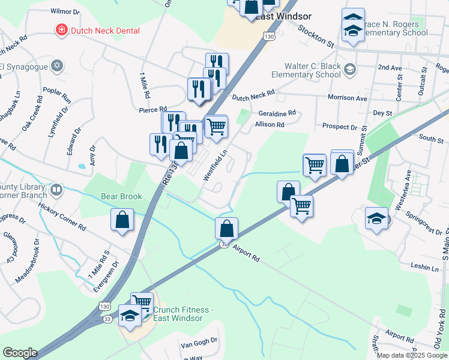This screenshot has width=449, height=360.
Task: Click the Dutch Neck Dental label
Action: [x=105, y=30]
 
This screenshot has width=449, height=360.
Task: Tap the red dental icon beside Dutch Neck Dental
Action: [x=61, y=29]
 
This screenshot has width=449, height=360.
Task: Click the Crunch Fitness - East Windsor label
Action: [x=183, y=314]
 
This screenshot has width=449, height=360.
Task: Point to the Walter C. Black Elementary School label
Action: [x=306, y=71]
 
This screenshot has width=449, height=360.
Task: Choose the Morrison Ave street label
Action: [x=347, y=97]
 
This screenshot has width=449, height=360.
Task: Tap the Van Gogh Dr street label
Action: [x=198, y=347]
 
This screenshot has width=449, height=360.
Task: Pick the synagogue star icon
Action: [x=57, y=65]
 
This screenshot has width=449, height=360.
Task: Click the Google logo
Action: [x=20, y=353]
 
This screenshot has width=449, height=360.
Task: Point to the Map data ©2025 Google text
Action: [x=412, y=355]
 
